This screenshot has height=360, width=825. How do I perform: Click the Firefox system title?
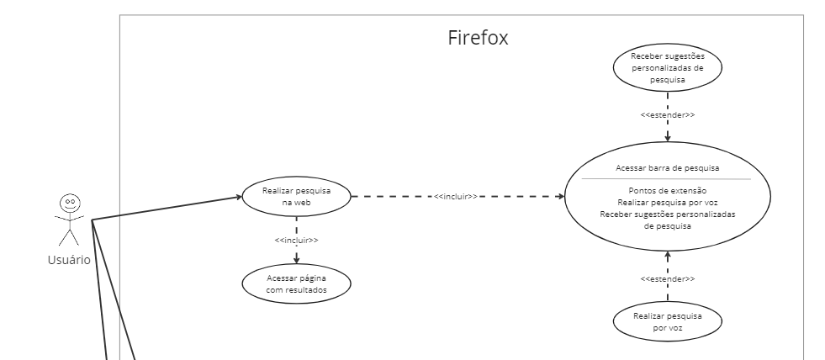(x=478, y=39)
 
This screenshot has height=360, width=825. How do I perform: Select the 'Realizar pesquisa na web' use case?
(x=296, y=197)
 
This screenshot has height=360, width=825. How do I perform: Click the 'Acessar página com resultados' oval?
(x=296, y=284)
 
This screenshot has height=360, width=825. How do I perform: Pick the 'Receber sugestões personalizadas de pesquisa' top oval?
(x=668, y=68)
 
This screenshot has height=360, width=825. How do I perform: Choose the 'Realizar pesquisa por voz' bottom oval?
(x=668, y=323)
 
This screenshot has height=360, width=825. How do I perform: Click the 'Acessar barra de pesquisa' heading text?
(x=668, y=167)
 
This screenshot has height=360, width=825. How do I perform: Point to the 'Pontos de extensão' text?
(x=668, y=191)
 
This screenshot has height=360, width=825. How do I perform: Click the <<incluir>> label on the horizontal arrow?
(x=456, y=197)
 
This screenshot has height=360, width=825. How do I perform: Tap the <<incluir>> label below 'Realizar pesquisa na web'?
(x=296, y=241)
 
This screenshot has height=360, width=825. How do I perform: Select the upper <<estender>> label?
(x=668, y=114)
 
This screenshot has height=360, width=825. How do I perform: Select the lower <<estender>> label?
(x=668, y=278)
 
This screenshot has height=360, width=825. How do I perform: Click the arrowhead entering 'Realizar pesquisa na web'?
(x=237, y=199)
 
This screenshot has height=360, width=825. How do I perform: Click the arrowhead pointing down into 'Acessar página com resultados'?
(x=296, y=261)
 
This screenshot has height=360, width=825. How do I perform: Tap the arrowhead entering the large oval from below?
(x=668, y=254)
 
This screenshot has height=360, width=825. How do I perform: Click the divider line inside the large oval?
(x=668, y=179)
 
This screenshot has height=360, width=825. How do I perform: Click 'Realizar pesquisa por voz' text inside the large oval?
(x=668, y=203)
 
